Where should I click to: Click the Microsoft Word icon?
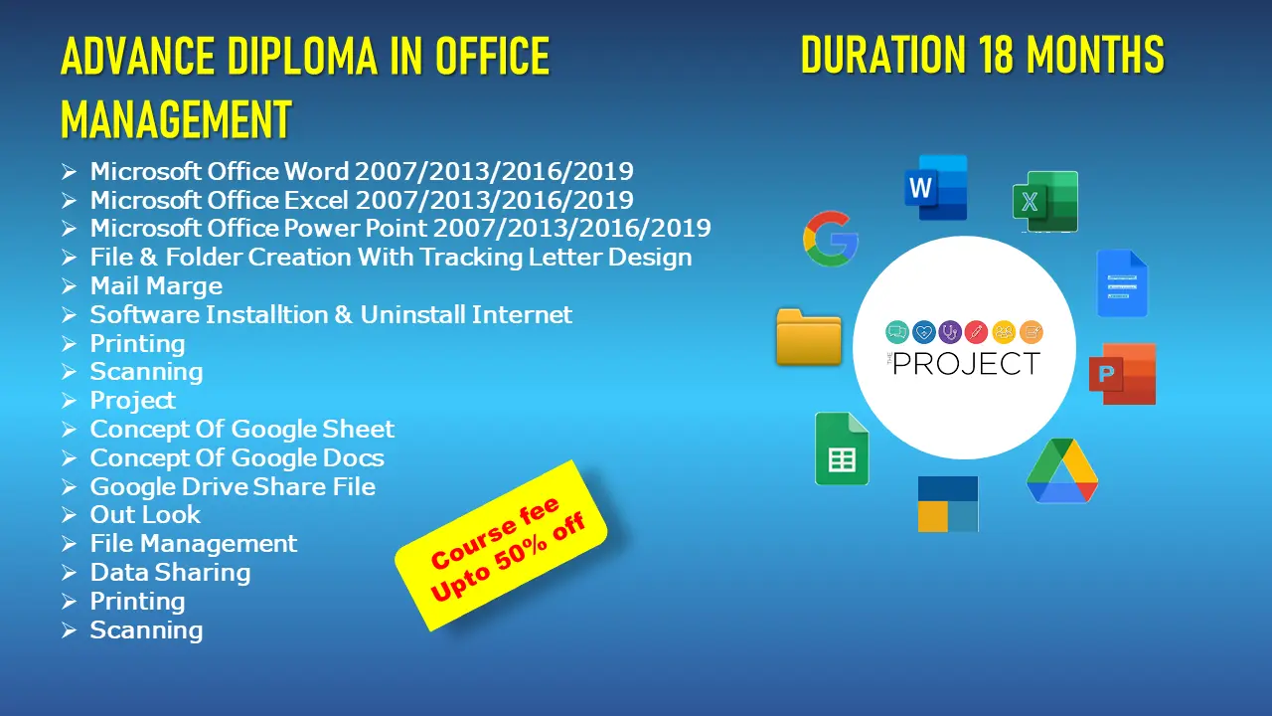936,188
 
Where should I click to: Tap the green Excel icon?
1045,201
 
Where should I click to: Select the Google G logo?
830,239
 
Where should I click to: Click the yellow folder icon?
809,337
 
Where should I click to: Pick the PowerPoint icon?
1123,374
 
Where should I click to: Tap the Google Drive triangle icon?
1062,470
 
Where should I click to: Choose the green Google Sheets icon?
842,448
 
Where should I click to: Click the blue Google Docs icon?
1122,283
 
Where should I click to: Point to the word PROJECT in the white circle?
966,364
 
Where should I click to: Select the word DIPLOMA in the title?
302,56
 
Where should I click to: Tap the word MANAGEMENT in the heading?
176,119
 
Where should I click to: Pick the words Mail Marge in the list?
156,285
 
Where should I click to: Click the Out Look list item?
145,515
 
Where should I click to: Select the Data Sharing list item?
170,572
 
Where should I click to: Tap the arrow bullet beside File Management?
69,544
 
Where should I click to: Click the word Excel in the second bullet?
316,200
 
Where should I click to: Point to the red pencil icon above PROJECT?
976,332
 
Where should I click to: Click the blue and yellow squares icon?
948,504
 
